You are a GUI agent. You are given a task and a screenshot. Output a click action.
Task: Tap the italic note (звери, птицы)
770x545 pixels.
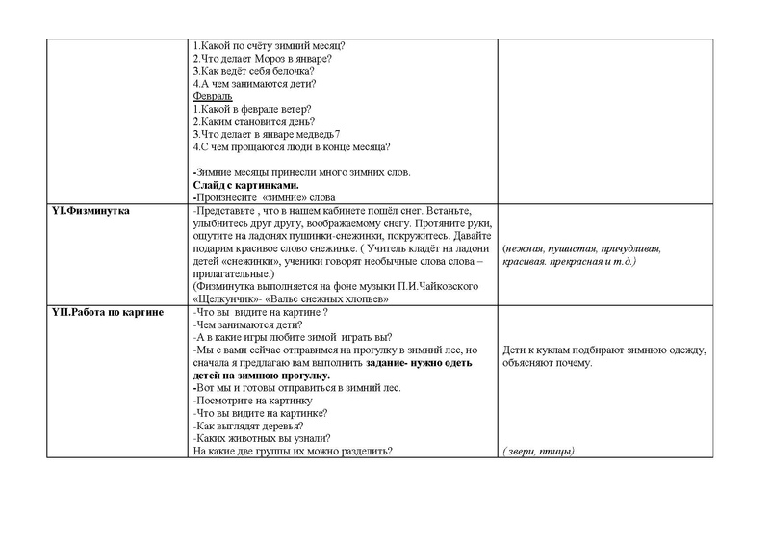click(538, 452)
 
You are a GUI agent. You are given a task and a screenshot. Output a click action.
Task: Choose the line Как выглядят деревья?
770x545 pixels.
click(248, 427)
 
